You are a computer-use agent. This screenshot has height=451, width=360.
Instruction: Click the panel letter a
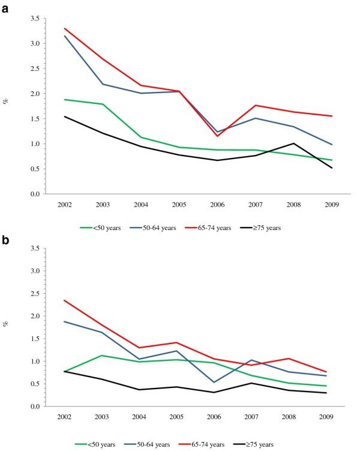5,7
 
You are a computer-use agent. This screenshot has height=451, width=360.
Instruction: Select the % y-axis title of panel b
7,324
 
